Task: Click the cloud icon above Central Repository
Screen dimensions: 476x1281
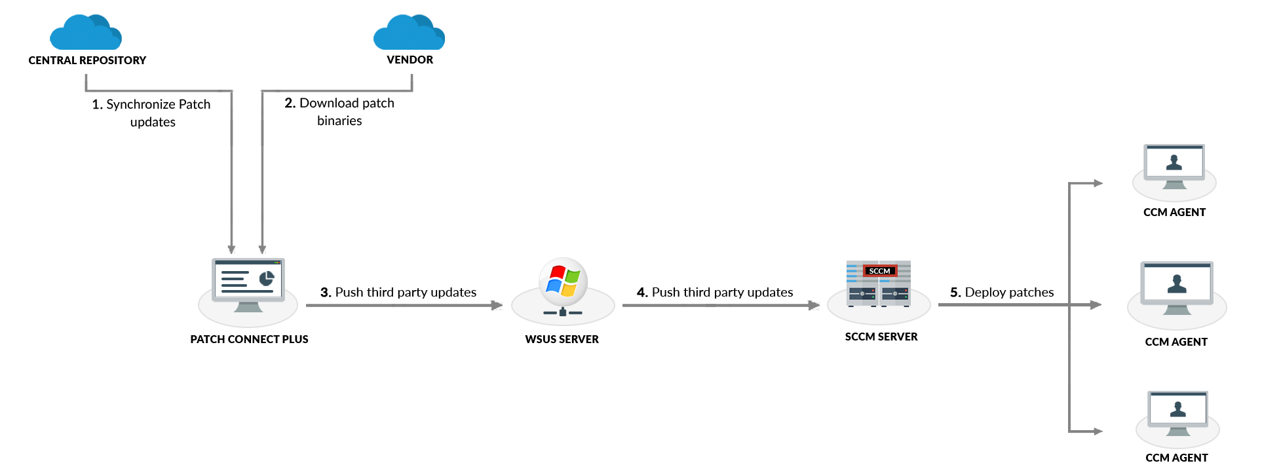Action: (x=85, y=32)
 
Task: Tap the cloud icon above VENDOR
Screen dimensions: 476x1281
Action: (x=409, y=32)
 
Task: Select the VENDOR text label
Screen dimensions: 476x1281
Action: (x=410, y=60)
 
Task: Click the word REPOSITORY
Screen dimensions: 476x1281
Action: (x=113, y=60)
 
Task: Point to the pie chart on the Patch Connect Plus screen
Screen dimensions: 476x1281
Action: (x=266, y=279)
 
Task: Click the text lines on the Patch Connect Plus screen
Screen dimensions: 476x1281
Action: (x=235, y=280)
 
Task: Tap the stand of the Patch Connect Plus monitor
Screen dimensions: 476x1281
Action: (x=248, y=306)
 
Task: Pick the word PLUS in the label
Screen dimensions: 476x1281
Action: (x=296, y=339)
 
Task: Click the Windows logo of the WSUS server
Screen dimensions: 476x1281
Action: (x=563, y=281)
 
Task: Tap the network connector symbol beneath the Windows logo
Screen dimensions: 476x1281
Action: (x=563, y=312)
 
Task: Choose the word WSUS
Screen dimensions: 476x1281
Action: (x=540, y=339)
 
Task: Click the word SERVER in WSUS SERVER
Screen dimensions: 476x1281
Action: (x=578, y=339)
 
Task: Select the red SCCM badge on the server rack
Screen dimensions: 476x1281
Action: (x=879, y=271)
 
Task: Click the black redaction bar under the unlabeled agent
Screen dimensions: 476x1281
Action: (x=1177, y=458)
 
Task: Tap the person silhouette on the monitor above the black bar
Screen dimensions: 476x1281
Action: (x=1178, y=409)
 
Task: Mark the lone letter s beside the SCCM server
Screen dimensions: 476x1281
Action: (x=1051, y=293)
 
